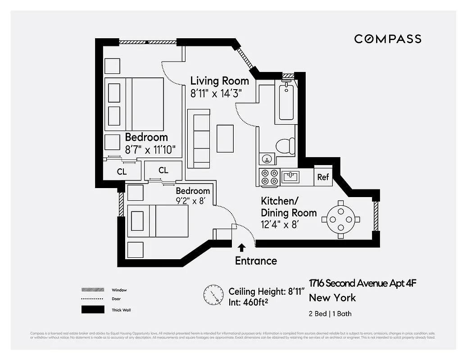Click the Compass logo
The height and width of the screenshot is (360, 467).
click(387, 39)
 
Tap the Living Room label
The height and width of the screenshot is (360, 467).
click(219, 81)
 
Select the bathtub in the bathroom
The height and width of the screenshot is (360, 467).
click(286, 102)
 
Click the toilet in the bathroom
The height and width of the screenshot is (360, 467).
click(284, 146)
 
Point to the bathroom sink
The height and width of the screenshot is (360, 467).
click(267, 159)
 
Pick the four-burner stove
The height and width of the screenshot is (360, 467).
click(269, 177)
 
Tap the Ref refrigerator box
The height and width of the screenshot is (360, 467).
click(323, 177)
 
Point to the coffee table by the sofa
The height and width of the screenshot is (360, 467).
click(225, 138)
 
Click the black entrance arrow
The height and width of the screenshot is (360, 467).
click(242, 247)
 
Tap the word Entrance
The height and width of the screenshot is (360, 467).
click(256, 261)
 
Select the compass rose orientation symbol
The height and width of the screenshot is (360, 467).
click(213, 295)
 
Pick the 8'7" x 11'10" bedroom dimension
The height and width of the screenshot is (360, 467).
click(150, 148)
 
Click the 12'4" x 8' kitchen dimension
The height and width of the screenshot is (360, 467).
click(279, 223)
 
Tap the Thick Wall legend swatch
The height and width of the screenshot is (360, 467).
click(92, 310)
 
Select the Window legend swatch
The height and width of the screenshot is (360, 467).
click(92, 290)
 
